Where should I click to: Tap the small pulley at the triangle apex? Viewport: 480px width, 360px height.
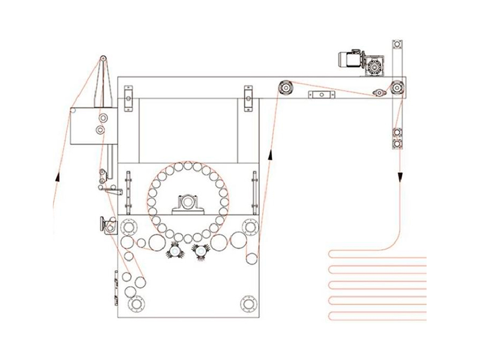click(x=103, y=59)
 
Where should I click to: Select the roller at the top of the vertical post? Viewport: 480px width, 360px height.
click(x=396, y=47)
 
